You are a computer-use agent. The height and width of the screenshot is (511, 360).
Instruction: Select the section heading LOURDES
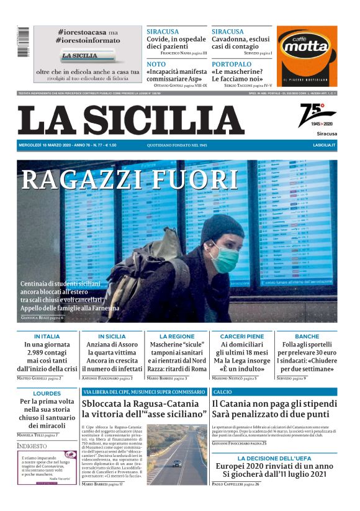[x=47, y=393]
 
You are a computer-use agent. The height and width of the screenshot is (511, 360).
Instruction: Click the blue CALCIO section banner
[x=274, y=392]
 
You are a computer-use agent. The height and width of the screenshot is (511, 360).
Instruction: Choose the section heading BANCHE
[x=307, y=336]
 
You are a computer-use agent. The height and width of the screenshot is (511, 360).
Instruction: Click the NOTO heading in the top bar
[x=156, y=64]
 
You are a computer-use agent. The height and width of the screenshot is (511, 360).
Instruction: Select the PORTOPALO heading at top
[x=232, y=64]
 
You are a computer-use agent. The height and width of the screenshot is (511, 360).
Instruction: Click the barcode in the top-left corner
[x=23, y=42]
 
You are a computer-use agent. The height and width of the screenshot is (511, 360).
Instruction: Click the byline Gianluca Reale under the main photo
[x=42, y=318]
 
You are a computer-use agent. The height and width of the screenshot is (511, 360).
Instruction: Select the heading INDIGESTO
[x=32, y=446]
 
